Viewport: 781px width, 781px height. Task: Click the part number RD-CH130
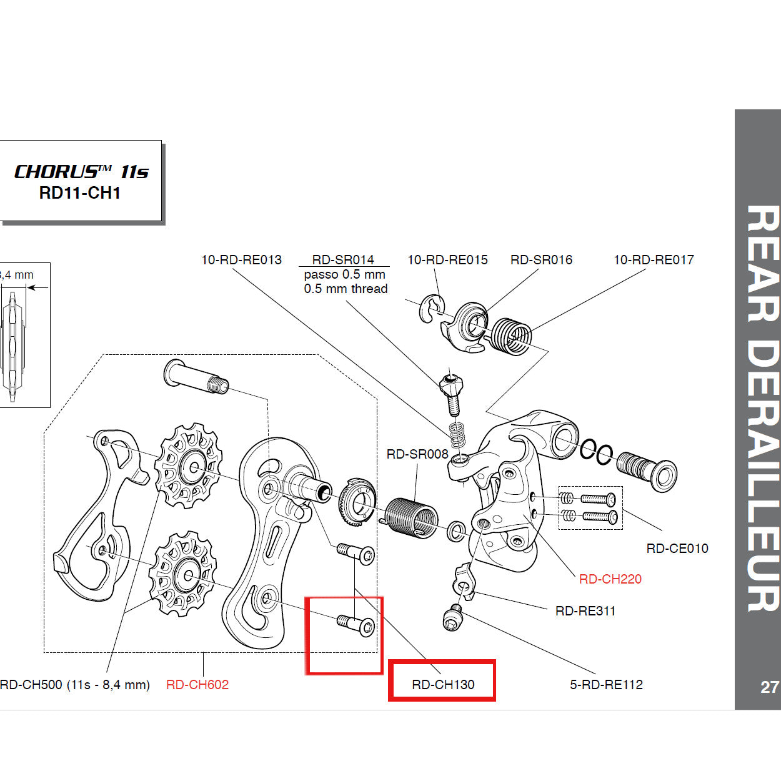pos(443,684)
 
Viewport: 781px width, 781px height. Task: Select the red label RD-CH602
pos(197,684)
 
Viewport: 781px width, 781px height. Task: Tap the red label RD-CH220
pos(610,579)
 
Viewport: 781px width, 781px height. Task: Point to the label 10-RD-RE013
pos(241,259)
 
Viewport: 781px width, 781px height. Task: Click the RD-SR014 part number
pos(343,259)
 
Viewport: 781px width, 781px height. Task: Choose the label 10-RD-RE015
pos(447,259)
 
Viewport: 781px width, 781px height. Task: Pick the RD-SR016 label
pos(541,259)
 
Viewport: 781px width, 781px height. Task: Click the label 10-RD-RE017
pos(654,259)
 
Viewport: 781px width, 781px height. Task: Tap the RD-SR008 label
pos(417,454)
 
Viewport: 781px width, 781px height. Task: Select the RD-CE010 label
pos(677,548)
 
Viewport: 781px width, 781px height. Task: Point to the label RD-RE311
pos(585,610)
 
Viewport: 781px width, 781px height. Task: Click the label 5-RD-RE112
pos(606,684)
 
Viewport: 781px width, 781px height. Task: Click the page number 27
pos(769,687)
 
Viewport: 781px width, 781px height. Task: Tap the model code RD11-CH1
pos(79,193)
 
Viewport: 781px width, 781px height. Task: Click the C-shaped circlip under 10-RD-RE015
pos(432,309)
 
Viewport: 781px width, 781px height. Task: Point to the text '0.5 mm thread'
pos(346,289)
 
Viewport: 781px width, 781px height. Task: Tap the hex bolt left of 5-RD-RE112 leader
pos(452,619)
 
